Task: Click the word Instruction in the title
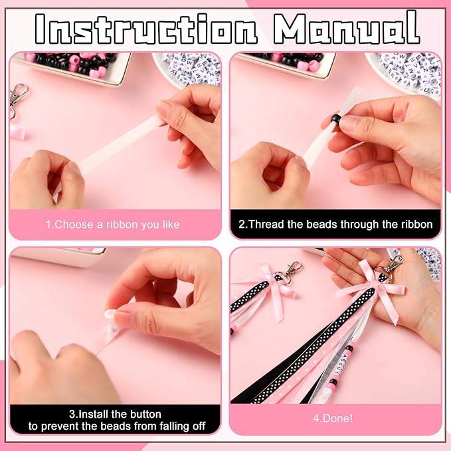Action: [x=146, y=29]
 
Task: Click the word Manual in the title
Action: [x=346, y=28]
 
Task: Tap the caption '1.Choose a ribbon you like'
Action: [x=113, y=225]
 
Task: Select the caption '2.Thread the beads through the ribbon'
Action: [x=335, y=224]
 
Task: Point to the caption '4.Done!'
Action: [x=333, y=418]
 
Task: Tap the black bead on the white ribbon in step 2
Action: [x=335, y=118]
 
